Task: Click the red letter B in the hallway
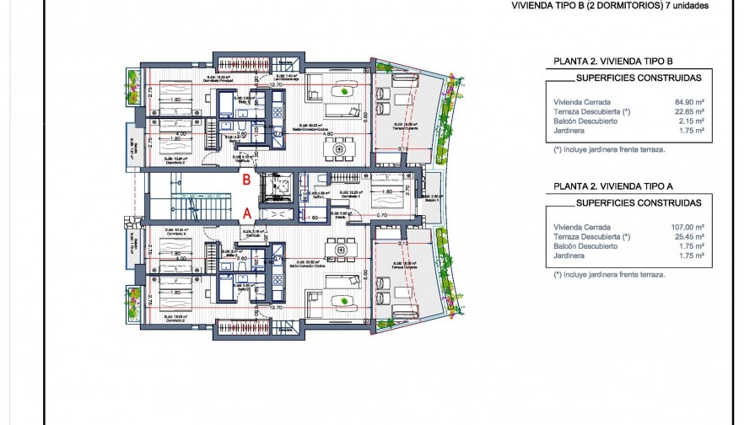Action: tap(246, 179)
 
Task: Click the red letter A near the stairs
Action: tap(247, 213)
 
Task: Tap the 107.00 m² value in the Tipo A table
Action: tap(686, 227)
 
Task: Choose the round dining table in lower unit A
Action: tap(341, 247)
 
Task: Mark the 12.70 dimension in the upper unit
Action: tap(275, 85)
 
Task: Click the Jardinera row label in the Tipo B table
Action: tap(569, 131)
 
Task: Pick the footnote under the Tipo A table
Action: tap(609, 275)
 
